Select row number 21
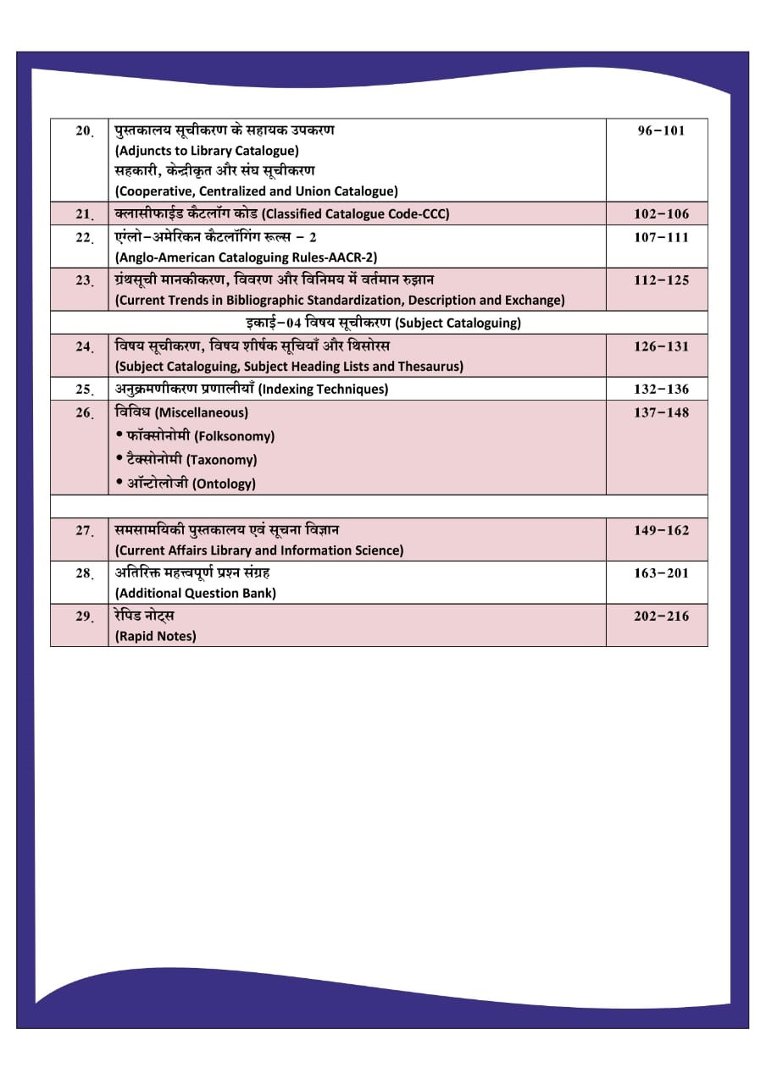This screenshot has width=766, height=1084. click(84, 214)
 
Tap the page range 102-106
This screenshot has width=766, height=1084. click(661, 214)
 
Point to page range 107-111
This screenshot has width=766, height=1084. click(661, 237)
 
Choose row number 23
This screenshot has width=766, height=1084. click(84, 280)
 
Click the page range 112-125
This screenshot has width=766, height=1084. click(661, 280)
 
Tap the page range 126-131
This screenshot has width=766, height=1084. click(661, 346)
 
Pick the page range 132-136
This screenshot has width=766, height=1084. click(661, 390)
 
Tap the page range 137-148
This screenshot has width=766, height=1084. click(661, 413)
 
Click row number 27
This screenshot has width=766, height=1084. click(84, 531)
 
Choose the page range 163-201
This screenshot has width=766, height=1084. click(661, 573)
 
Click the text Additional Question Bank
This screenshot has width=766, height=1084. click(196, 593)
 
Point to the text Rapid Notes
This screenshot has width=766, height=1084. click(156, 636)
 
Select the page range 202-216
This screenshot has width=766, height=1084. click(661, 617)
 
